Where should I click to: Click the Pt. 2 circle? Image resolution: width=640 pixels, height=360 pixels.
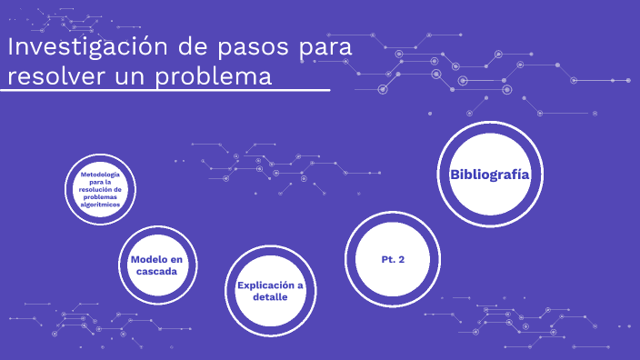[393, 260]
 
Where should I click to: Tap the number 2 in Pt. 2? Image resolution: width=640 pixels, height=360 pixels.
[401, 260]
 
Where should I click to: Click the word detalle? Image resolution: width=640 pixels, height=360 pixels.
[270, 297]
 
